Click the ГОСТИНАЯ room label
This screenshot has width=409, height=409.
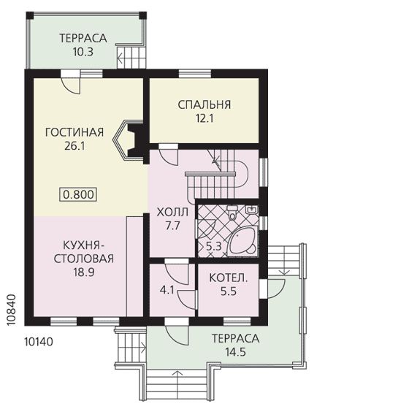pos(74,132)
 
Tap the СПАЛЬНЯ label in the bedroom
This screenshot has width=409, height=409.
pos(204,104)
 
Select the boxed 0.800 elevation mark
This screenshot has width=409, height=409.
pos(78,194)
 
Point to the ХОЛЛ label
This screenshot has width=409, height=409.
pos(172,213)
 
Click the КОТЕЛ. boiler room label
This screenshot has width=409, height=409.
pos(228,278)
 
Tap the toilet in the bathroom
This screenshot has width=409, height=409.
pos(232,213)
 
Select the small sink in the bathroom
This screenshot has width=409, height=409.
pos(252,210)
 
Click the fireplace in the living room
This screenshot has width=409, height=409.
pos(129,141)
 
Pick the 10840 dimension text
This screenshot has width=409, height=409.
pos(11,310)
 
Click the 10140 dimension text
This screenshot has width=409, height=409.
pos(39,342)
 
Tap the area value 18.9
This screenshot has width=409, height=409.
pos(83,272)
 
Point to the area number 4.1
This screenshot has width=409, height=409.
pos(167,289)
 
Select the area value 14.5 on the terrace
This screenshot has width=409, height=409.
pos(235,352)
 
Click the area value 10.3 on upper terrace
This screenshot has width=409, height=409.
pos(83,52)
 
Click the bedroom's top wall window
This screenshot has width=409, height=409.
pos(195,74)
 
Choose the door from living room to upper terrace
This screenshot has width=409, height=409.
pos(70,82)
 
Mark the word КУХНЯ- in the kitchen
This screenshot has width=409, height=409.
pos(82,245)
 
